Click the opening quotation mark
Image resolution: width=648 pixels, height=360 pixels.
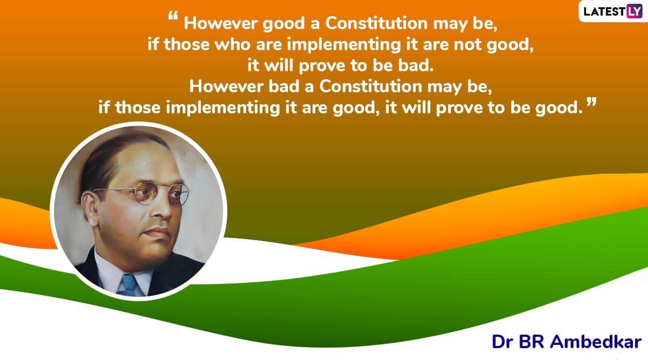173,16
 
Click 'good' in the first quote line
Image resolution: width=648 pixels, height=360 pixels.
283,24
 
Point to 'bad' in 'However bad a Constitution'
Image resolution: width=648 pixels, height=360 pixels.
284,86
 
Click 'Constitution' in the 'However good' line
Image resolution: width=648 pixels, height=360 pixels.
376,23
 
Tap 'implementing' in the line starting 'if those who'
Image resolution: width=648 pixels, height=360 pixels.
344,45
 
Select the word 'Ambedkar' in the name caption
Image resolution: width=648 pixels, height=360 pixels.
596,342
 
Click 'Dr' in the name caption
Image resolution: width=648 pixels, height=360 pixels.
503,342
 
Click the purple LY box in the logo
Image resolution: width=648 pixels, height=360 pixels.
634,11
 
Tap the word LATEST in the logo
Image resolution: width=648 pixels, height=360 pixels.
604,11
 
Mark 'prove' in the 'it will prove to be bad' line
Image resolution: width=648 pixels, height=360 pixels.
322,66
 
